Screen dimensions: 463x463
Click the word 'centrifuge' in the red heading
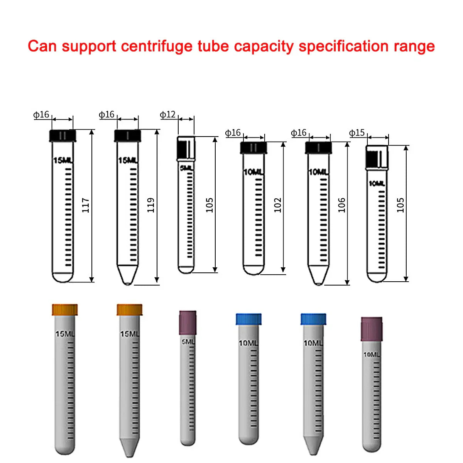pyautogui.click(x=157, y=46)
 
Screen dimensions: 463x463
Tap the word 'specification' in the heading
pyautogui.click(x=343, y=46)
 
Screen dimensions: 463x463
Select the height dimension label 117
pyautogui.click(x=86, y=205)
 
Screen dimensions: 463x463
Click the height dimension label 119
pyautogui.click(x=150, y=205)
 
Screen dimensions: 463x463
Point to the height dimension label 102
pyautogui.click(x=277, y=205)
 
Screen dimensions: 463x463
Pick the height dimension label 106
pyautogui.click(x=341, y=205)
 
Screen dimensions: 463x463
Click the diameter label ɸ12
pyautogui.click(x=168, y=115)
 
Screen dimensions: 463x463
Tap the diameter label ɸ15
pyautogui.click(x=357, y=133)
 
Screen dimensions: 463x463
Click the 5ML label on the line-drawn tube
pyautogui.click(x=187, y=168)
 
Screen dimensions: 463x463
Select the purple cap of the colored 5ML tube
pyautogui.click(x=188, y=323)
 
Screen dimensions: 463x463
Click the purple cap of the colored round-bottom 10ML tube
pyautogui.click(x=372, y=329)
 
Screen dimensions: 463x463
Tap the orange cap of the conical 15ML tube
pyautogui.click(x=130, y=310)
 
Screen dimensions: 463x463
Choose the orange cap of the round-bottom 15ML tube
pyautogui.click(x=65, y=310)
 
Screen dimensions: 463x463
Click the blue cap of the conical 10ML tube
pyautogui.click(x=313, y=319)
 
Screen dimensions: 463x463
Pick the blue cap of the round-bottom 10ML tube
pyautogui.click(x=248, y=319)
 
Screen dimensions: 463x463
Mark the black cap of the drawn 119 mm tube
pyautogui.click(x=127, y=135)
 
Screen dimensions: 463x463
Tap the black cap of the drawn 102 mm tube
pyautogui.click(x=253, y=147)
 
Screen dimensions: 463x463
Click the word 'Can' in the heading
pyautogui.click(x=42, y=46)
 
